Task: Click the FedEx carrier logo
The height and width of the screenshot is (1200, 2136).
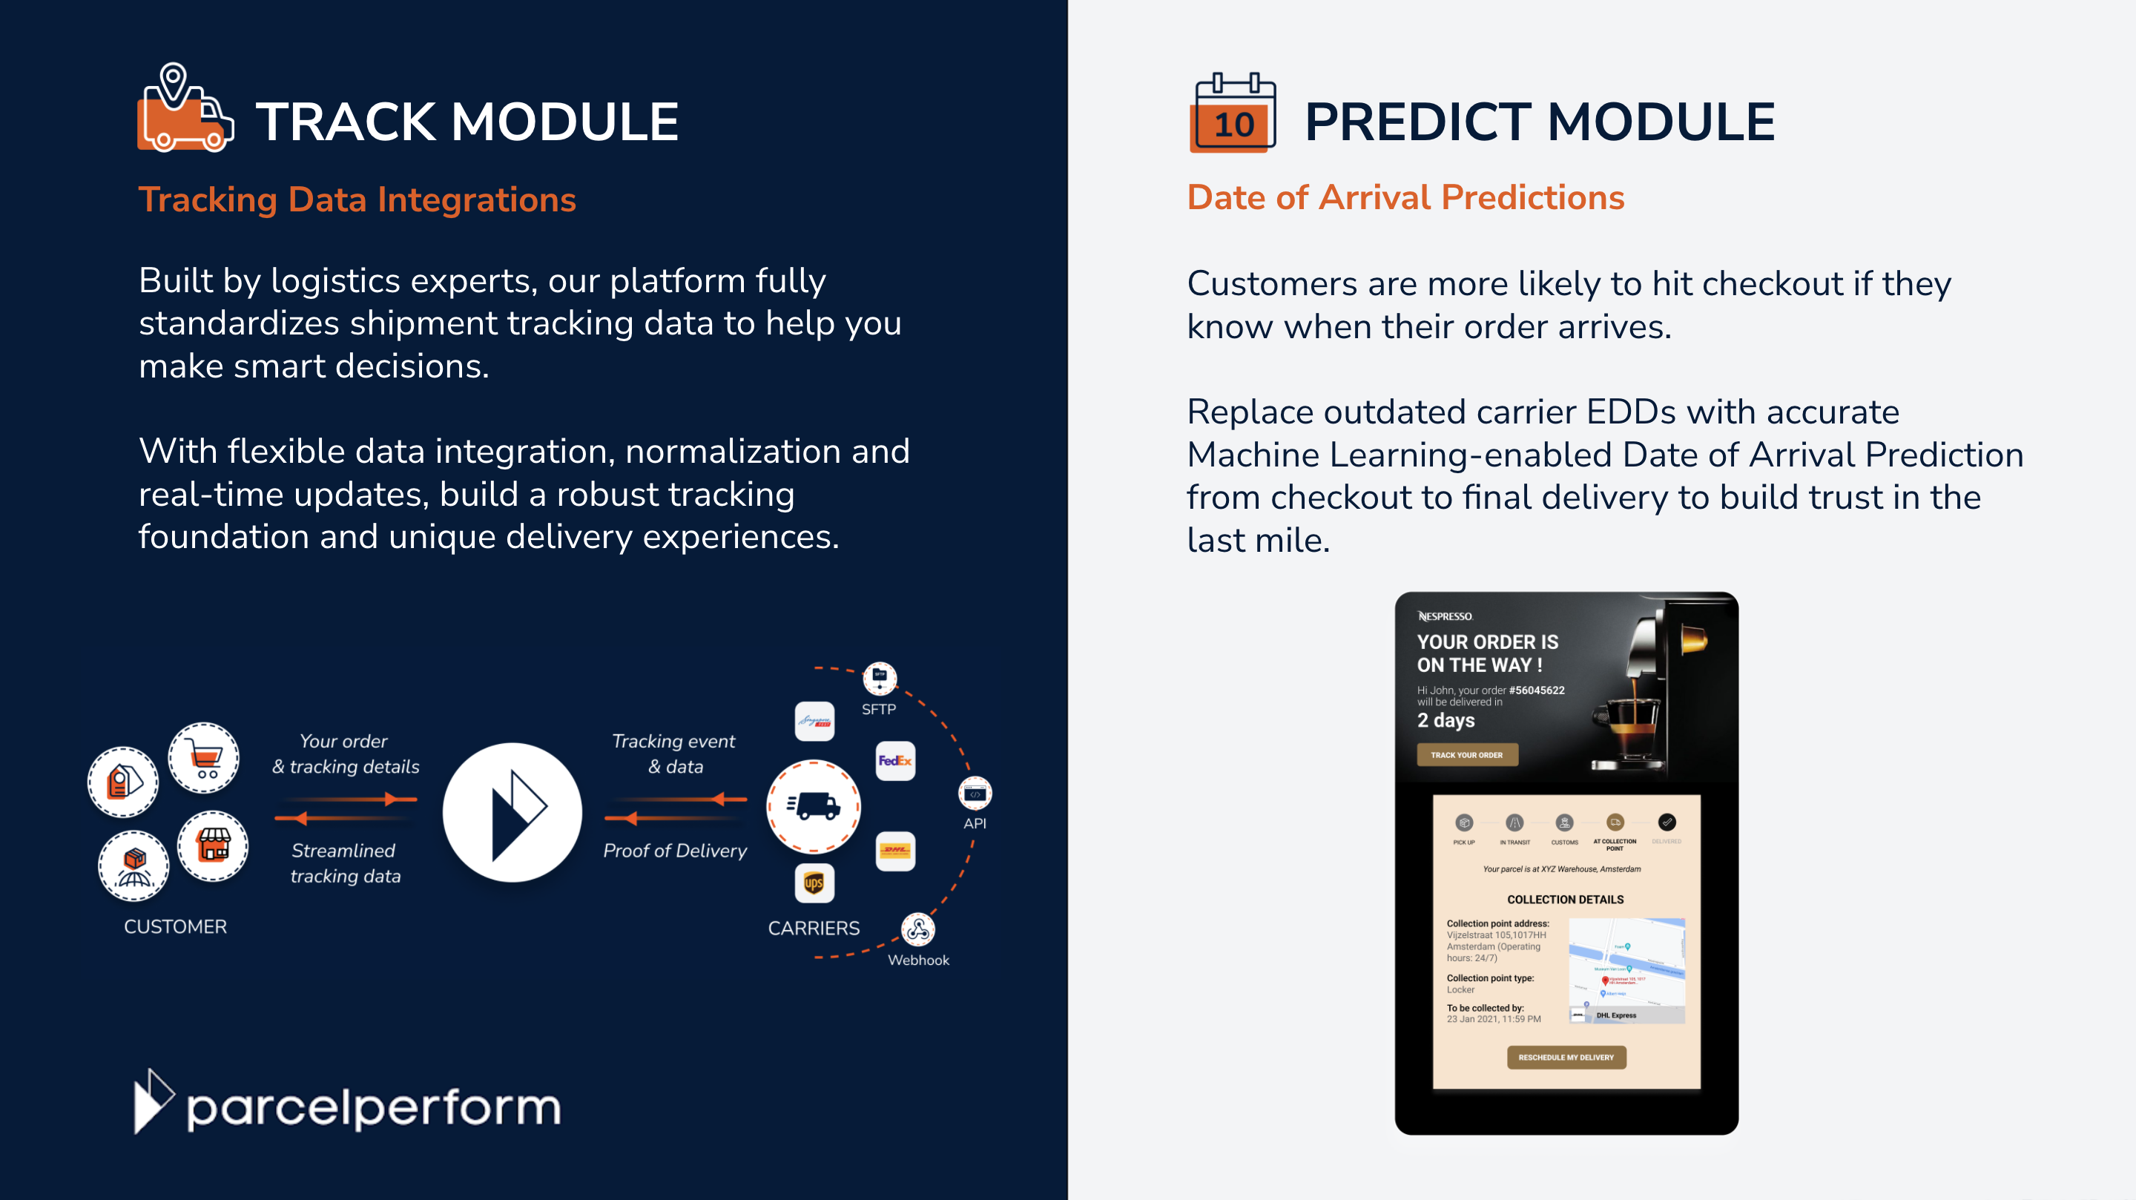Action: point(894,760)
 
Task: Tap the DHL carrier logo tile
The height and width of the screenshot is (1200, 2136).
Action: point(894,851)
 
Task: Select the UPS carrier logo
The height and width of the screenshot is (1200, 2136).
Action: point(814,883)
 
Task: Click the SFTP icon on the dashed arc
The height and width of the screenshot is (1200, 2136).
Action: point(879,678)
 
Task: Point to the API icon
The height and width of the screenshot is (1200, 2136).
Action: point(975,794)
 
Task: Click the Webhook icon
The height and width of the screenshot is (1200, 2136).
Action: point(917,929)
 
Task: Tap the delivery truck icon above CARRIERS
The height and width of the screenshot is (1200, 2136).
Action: point(814,806)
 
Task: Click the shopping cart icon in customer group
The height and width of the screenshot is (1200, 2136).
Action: point(204,758)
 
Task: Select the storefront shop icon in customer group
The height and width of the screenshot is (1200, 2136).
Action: point(213,846)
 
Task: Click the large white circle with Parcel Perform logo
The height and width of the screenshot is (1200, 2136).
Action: point(512,812)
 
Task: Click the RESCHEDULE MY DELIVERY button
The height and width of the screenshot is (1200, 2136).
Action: point(1566,1058)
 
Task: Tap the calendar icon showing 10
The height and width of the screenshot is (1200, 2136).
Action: point(1233,113)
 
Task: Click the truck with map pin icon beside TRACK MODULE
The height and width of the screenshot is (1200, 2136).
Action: point(184,110)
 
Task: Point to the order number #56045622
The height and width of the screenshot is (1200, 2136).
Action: point(1537,690)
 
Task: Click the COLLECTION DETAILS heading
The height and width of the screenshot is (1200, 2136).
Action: point(1565,900)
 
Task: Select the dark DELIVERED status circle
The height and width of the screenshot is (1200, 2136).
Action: point(1666,822)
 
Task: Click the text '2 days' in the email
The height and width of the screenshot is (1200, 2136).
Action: point(1446,720)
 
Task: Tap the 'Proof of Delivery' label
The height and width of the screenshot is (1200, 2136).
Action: point(674,851)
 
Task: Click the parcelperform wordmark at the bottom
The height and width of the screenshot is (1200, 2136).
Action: point(373,1107)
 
